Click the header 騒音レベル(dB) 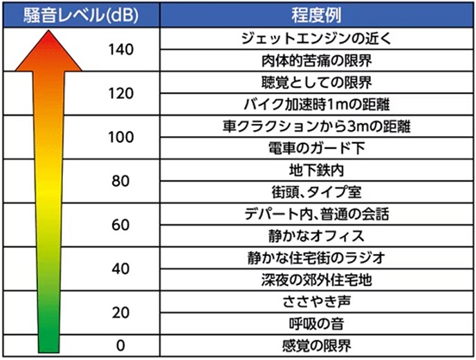point(80,14)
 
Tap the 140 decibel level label point(120,50)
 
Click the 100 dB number point(120,137)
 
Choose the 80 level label point(120,181)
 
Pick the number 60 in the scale point(120,225)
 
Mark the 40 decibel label point(120,269)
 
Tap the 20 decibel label point(120,312)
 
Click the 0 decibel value point(120,345)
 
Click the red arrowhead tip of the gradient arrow point(44,36)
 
